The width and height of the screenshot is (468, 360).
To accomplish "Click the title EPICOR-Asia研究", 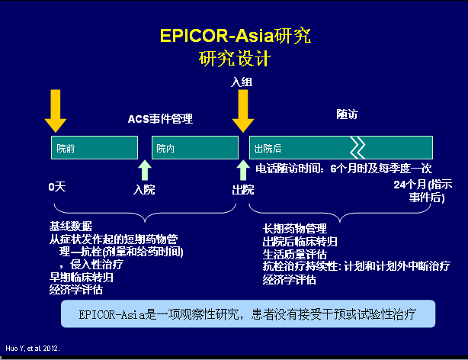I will click(x=235, y=36).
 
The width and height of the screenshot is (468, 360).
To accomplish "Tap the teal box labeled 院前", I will click(x=94, y=147).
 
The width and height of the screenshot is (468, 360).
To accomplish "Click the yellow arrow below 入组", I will click(x=243, y=111).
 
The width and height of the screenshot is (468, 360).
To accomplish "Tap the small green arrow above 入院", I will click(x=144, y=170).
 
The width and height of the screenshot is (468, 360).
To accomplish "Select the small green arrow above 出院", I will click(x=243, y=170).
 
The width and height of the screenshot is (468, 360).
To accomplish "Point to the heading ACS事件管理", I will click(x=160, y=119).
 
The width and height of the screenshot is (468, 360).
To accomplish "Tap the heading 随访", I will click(x=347, y=114).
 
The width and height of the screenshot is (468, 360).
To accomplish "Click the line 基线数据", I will click(x=71, y=226).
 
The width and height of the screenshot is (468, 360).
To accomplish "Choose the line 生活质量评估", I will click(x=294, y=253).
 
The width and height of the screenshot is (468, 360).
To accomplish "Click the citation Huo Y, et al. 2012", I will click(x=32, y=348).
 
